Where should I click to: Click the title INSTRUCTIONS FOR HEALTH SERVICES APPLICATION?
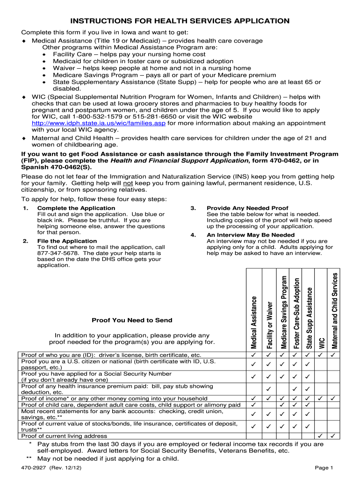point(180,21)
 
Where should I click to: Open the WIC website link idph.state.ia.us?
point(99,123)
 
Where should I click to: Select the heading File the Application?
point(67,241)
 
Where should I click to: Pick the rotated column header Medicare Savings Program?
point(283,311)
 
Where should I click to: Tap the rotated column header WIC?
point(321,342)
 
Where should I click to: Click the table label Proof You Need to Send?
point(132,320)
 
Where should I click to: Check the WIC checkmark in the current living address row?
point(321,436)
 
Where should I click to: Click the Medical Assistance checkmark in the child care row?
point(253,405)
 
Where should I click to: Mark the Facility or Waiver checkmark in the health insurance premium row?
point(268,389)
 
